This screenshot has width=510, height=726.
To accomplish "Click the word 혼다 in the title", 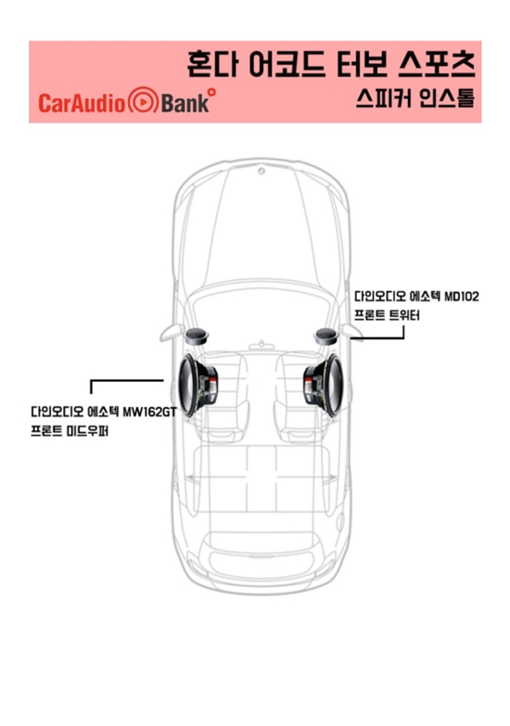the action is click(x=212, y=64).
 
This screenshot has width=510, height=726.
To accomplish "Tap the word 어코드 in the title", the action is click(x=287, y=64).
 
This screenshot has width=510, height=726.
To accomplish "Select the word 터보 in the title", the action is click(x=362, y=64).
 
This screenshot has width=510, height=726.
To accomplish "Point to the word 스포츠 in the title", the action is click(x=437, y=64).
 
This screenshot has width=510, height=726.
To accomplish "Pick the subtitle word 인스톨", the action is click(x=447, y=98).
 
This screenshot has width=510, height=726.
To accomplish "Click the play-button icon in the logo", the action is click(x=143, y=101).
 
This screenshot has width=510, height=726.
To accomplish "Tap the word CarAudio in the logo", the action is click(x=82, y=103).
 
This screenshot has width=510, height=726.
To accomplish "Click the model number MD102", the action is click(x=462, y=296).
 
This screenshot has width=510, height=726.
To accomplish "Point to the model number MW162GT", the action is click(x=150, y=411).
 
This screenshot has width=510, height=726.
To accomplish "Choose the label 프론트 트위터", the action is click(x=388, y=315).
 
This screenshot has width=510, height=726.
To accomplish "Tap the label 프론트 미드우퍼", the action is click(x=70, y=431).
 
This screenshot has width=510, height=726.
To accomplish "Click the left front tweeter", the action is click(x=196, y=337).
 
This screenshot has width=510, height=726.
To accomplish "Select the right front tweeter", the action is click(x=327, y=337).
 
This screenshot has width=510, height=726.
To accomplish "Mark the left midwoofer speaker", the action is click(x=198, y=384).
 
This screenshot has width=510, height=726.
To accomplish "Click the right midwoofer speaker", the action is click(x=324, y=384).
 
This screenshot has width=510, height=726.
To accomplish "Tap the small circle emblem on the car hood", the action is click(x=261, y=172).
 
